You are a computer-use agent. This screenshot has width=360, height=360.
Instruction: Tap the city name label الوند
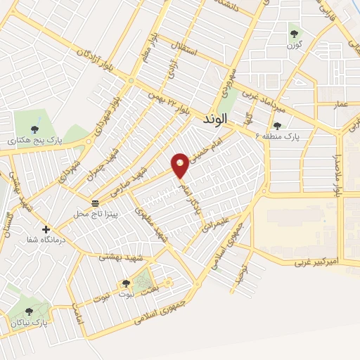[x=217, y=119]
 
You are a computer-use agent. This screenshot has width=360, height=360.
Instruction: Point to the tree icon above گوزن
[x=294, y=33]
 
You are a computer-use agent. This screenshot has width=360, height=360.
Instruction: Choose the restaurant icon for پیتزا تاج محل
[x=95, y=203]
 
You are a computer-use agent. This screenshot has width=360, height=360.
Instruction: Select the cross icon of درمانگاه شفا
[x=46, y=229]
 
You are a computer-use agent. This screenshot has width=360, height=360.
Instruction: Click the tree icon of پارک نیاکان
[x=29, y=311]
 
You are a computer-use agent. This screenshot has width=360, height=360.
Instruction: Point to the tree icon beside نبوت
[x=126, y=283]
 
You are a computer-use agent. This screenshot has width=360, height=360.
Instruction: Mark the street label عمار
[x=341, y=104]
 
